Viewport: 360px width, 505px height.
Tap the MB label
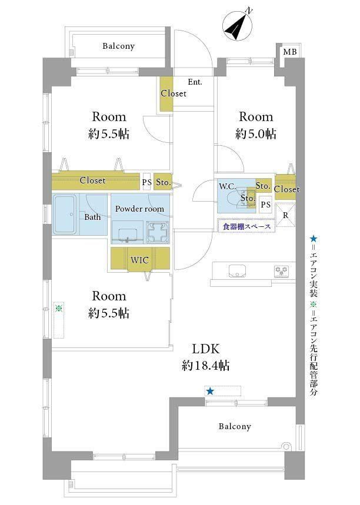coord(290,52)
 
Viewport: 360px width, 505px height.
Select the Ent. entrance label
coord(195,82)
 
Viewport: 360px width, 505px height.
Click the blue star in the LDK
coord(210,392)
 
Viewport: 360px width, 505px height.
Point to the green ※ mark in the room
coord(59,308)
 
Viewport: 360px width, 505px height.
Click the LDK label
coord(206,349)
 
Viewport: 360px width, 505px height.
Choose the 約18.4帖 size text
coord(206,366)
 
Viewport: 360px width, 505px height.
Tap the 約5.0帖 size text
coord(256,133)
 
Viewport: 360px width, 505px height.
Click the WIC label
coord(139,260)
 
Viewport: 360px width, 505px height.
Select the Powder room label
coord(139,209)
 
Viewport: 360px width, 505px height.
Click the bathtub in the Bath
coord(65,214)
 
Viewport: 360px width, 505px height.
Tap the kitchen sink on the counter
coord(237,270)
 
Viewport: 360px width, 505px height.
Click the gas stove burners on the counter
coord(281,271)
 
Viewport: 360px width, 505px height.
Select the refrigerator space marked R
coord(285,215)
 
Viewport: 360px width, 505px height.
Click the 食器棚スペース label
coord(246,226)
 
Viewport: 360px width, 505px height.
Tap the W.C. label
coord(228,186)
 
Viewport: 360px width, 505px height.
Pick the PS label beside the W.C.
coord(265,205)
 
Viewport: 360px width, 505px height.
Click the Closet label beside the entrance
coord(174,93)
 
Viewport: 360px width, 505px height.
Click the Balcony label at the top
coord(118,46)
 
